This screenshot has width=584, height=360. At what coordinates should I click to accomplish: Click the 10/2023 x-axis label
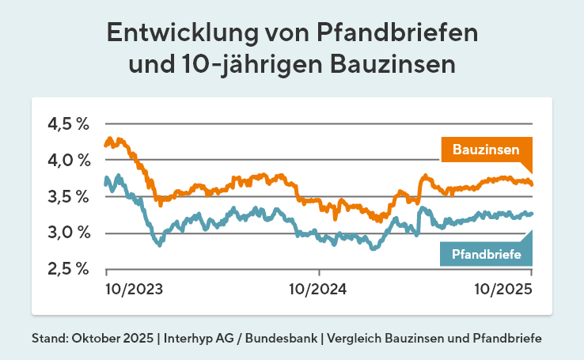coord(134,289)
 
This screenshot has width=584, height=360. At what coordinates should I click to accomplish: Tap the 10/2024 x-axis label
coord(317,289)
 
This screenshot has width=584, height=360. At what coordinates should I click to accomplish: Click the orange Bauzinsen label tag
coord(485,149)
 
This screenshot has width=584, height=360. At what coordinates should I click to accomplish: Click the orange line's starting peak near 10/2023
coord(109,139)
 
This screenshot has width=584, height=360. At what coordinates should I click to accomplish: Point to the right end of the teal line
coord(532,213)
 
